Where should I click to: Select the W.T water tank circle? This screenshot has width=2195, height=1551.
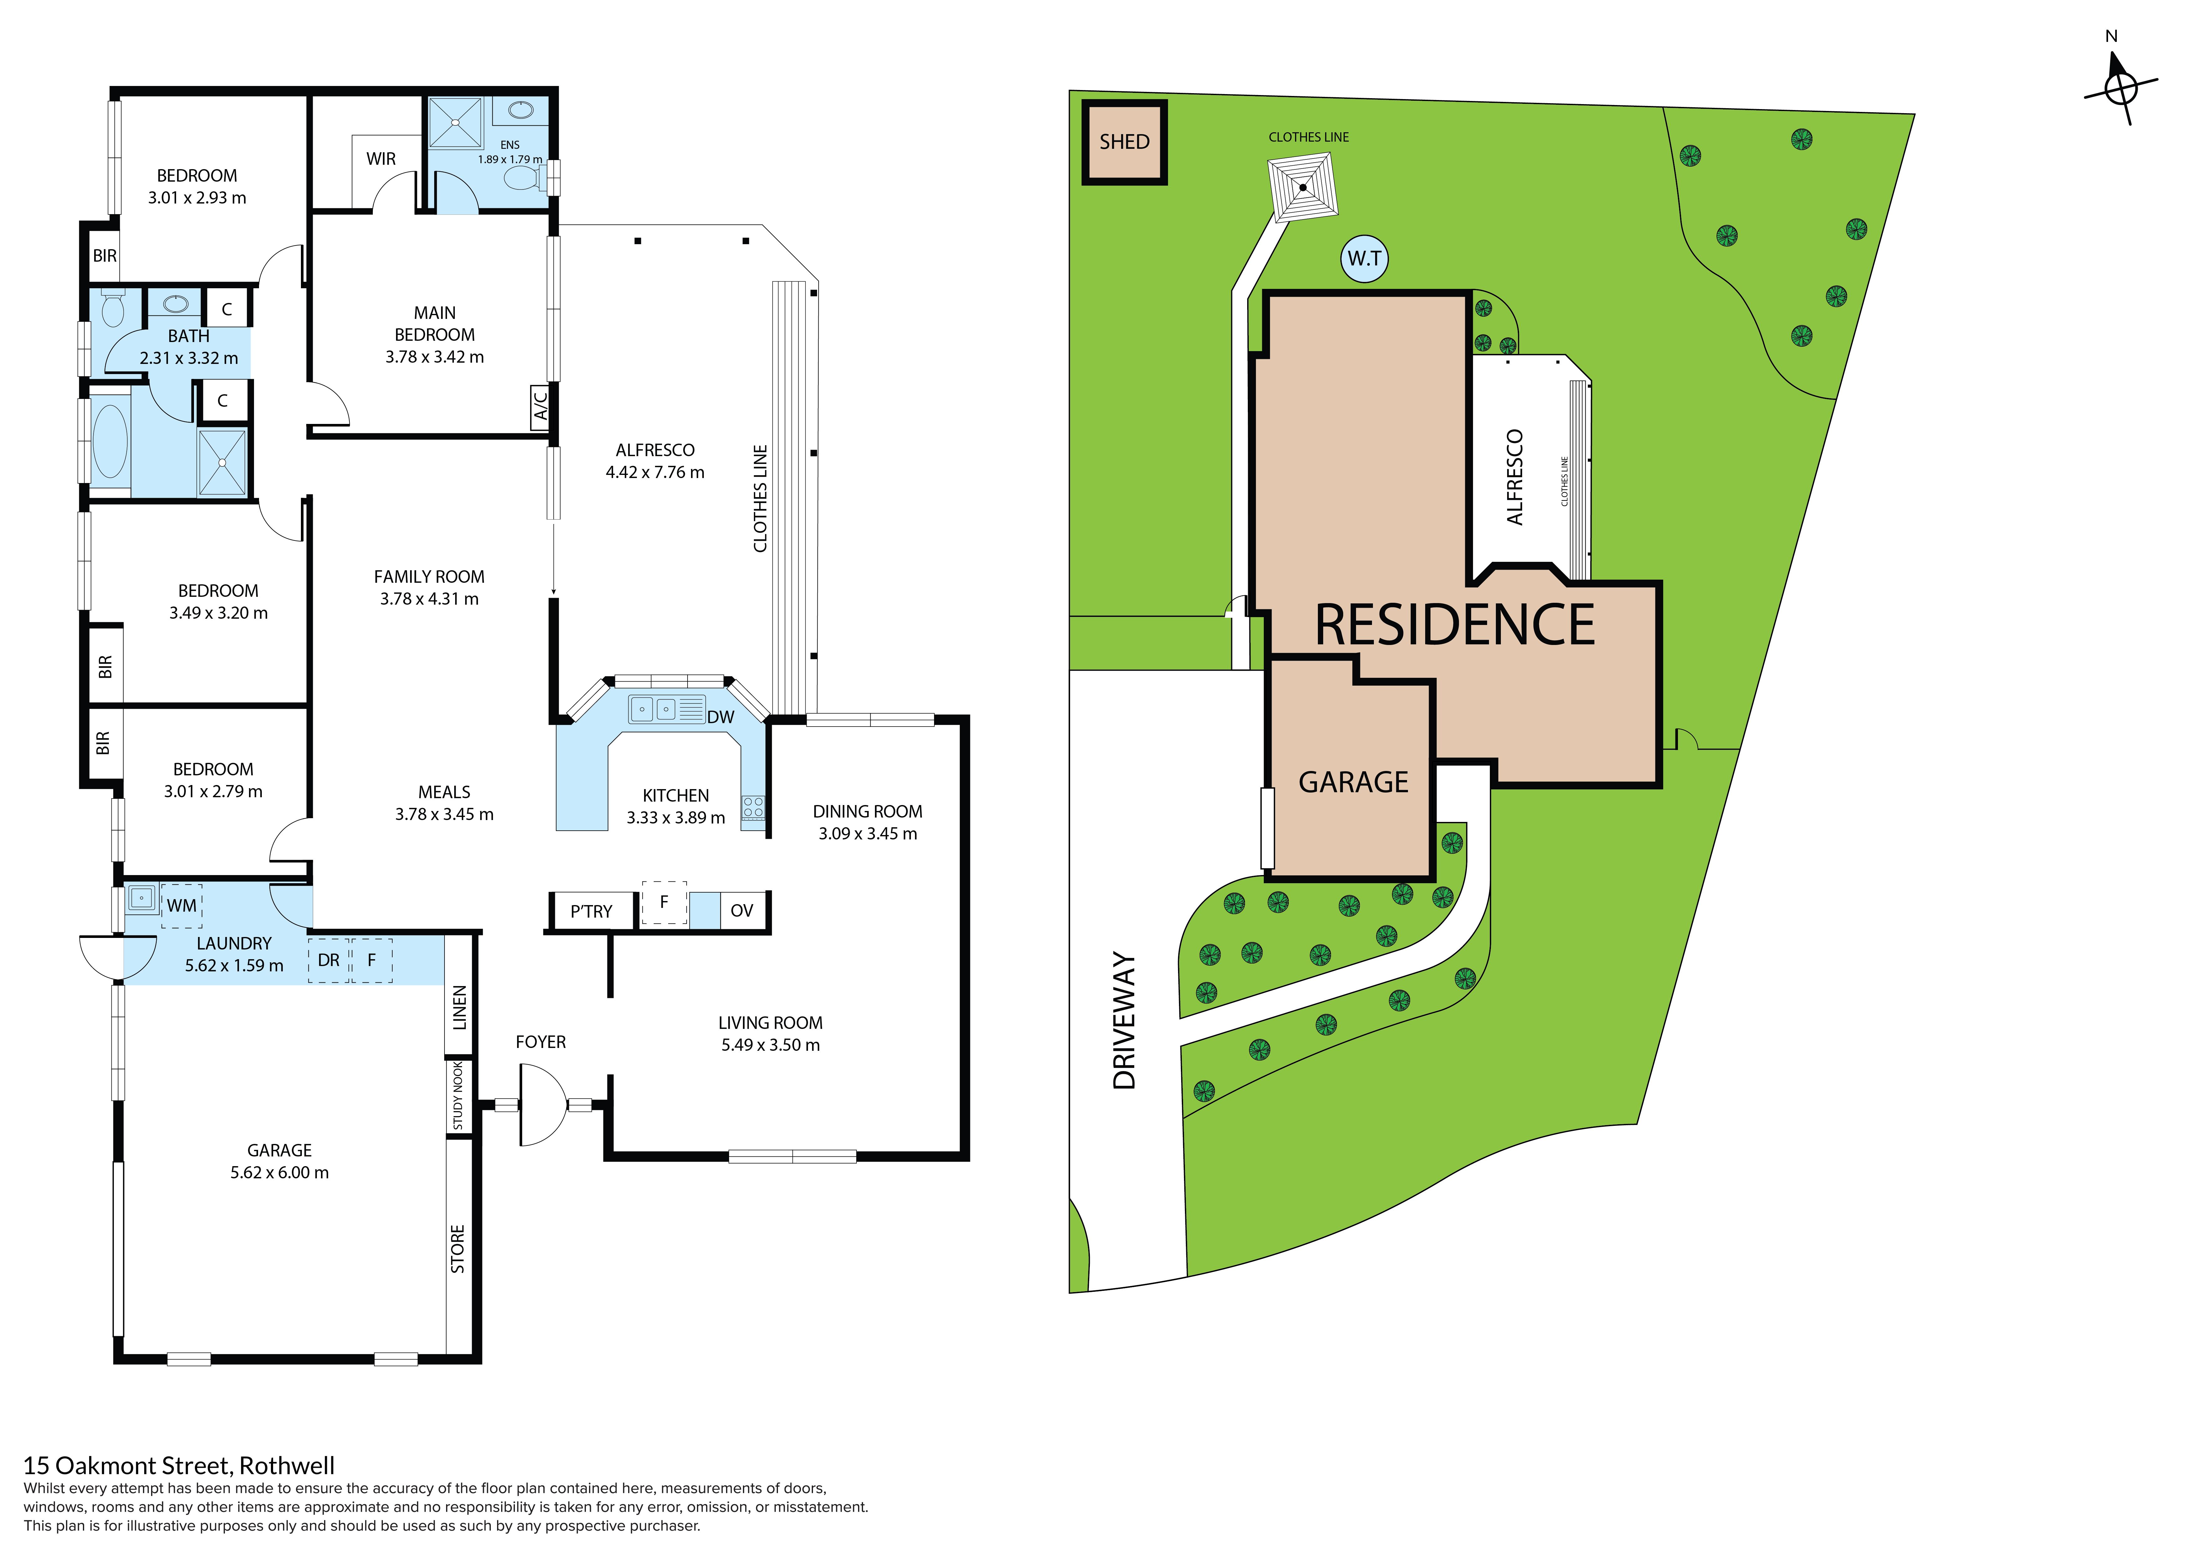(x=1364, y=259)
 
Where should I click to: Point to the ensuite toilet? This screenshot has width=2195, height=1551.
(x=524, y=178)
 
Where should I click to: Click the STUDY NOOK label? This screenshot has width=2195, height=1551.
(x=458, y=1096)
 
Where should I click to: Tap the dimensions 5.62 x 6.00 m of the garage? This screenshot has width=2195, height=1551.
(x=279, y=1173)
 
